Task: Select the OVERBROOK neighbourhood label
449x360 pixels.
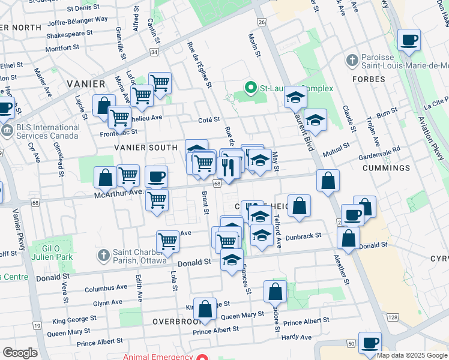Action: point(179,321)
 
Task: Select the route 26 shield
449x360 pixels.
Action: point(261,22)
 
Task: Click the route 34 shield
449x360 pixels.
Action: point(154,52)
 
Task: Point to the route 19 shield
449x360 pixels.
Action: point(37,326)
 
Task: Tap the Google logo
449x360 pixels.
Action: point(20,352)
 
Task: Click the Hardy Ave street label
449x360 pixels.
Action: point(297,337)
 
